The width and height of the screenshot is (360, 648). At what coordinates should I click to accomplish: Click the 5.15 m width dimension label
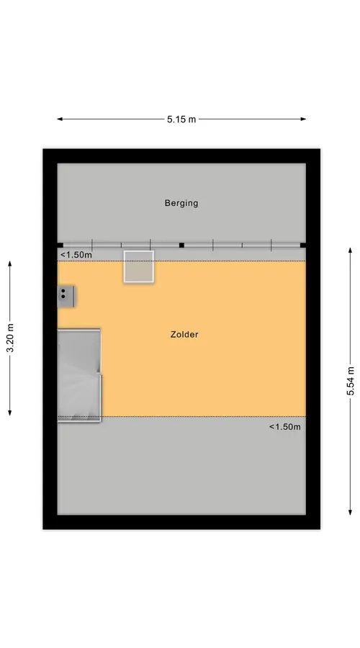(x=181, y=120)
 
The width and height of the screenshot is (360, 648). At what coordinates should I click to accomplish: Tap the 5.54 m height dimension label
(x=351, y=381)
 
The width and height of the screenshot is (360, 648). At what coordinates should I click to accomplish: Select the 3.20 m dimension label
(x=10, y=338)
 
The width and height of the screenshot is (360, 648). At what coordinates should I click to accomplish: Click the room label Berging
(x=181, y=203)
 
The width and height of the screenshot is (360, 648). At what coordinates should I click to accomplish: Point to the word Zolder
(x=184, y=334)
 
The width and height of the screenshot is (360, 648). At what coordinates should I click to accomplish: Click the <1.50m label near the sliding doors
(x=76, y=255)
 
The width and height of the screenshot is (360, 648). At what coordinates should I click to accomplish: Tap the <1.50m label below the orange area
(x=285, y=427)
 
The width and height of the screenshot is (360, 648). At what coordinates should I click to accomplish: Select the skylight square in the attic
(x=139, y=266)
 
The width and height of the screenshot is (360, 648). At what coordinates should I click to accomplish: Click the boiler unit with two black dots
(x=66, y=297)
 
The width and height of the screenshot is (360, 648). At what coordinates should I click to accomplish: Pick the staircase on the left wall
(x=79, y=375)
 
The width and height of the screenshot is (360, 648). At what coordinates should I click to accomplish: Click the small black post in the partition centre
(x=181, y=245)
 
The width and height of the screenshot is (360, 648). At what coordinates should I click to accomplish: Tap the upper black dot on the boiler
(x=63, y=291)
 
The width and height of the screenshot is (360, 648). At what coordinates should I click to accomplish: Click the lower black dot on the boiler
(x=63, y=297)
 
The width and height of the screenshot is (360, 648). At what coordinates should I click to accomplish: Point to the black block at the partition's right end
(x=303, y=245)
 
